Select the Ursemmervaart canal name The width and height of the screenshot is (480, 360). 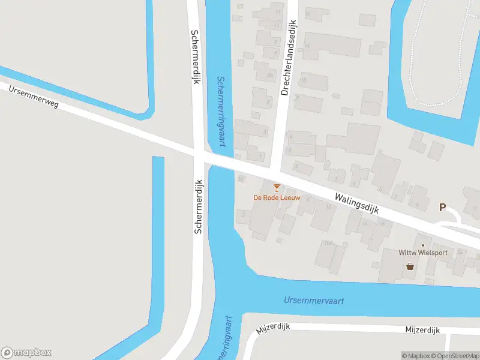pos(314,300)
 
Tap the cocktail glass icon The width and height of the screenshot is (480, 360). pos(277,188)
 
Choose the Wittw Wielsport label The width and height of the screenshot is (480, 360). pos(423,253)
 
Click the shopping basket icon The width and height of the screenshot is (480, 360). pos(410,266)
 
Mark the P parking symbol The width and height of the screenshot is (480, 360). pos(443,208)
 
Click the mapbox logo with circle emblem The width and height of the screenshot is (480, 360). pos(26,352)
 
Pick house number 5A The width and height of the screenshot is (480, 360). pos(270,74)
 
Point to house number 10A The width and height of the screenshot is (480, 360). pos(328,243)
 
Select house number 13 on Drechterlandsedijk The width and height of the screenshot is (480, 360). pos(277,12)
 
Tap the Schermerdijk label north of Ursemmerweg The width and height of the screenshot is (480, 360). pos(195,57)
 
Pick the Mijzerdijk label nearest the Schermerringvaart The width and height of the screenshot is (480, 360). pos(273,327)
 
